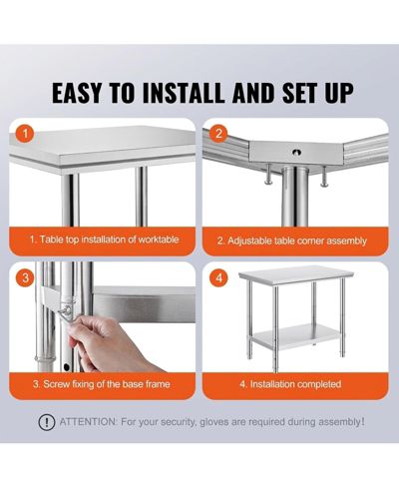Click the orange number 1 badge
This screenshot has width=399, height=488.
(25, 134)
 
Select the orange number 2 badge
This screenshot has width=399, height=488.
(218, 134)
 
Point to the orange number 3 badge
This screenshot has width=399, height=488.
(25, 277)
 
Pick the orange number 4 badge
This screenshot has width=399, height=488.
(218, 277)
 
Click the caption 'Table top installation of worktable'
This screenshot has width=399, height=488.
(105, 240)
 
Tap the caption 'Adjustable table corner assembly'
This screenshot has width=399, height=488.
(292, 241)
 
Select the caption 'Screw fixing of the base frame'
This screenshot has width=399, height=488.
(102, 384)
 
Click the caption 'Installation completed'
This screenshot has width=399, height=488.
(290, 384)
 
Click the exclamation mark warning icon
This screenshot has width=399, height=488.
(47, 422)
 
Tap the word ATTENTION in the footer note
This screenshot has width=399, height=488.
(88, 422)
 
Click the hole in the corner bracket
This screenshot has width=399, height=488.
(296, 152)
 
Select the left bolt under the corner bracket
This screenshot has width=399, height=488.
(268, 174)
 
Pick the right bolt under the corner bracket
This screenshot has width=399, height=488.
(324, 176)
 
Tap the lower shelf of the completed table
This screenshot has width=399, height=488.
(295, 336)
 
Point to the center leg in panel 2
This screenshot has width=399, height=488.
(295, 197)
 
